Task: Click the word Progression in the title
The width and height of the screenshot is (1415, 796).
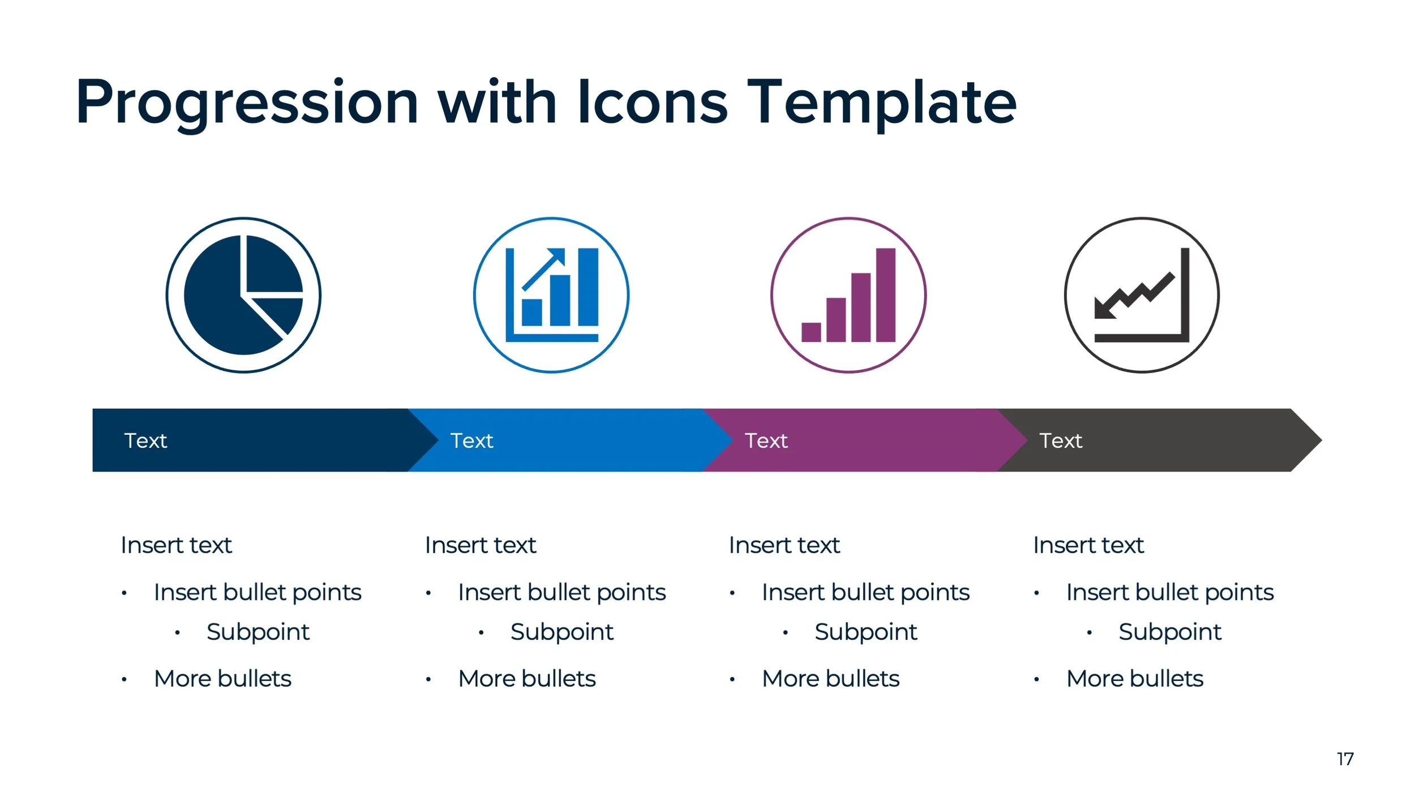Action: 247,104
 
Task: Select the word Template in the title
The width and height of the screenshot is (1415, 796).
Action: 881,104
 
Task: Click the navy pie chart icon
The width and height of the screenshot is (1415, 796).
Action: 243,295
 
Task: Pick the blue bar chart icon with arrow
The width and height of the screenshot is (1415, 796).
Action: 551,295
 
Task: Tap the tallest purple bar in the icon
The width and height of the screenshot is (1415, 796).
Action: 885,294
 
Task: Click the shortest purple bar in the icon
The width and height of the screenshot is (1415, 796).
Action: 811,332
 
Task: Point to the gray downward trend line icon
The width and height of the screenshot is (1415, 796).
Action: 1141,295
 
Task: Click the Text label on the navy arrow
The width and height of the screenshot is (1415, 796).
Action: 145,440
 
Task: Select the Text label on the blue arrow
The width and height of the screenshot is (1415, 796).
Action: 471,440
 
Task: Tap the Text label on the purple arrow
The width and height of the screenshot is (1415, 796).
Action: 766,440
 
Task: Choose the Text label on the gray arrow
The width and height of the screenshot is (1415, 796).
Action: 1061,440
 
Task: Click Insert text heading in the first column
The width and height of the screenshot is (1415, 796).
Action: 176,545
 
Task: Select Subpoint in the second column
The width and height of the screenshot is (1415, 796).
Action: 561,632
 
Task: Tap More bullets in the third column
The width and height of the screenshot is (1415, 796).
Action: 830,678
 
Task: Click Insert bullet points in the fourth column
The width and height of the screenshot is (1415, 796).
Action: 1169,592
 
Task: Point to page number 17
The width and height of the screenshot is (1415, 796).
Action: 1345,759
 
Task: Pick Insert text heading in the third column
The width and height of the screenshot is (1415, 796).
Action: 784,545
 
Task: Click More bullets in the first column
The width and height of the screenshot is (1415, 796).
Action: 222,678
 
